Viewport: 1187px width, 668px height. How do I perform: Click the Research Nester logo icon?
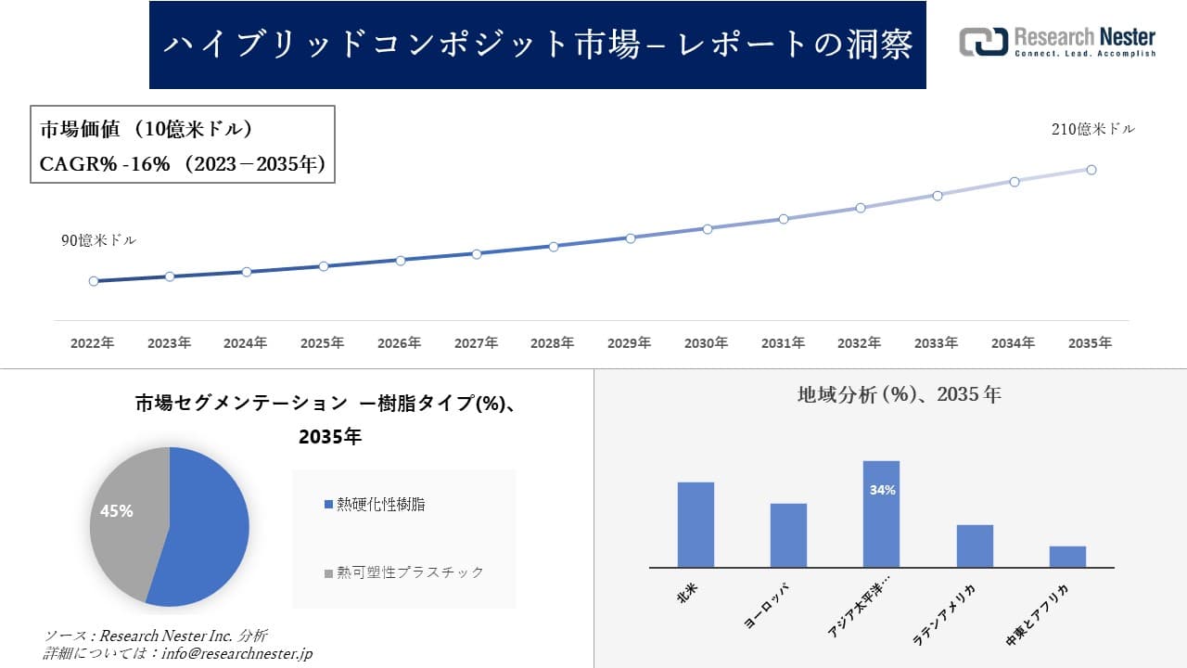(983, 42)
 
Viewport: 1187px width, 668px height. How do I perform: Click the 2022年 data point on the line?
(94, 281)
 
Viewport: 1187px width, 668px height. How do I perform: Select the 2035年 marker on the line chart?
(1091, 170)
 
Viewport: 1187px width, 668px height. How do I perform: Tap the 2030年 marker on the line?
(707, 228)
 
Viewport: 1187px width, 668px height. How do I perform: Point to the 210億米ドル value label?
(1092, 130)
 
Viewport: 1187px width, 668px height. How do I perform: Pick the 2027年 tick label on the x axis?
(476, 343)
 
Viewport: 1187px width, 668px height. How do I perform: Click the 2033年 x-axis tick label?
(936, 343)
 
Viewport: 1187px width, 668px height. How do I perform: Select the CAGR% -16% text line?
(182, 164)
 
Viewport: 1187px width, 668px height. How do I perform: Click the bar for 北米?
(696, 524)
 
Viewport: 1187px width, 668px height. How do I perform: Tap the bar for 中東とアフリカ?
(1067, 557)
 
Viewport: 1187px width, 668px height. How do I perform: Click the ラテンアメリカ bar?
(975, 546)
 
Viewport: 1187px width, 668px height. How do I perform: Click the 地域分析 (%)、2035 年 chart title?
(899, 394)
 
